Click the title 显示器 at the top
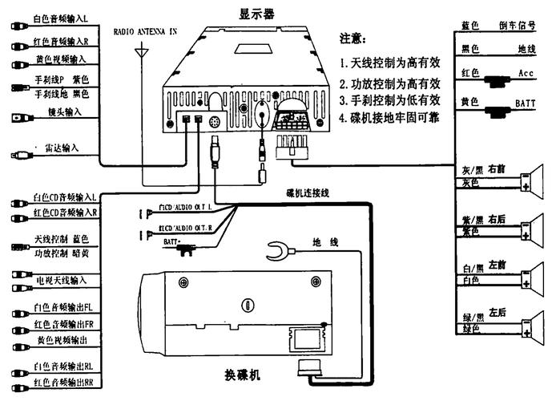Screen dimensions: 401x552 coord(257,13)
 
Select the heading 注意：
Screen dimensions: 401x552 coord(354,38)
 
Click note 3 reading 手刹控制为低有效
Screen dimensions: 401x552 coord(389,100)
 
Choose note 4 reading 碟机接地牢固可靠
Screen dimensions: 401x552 coord(389,118)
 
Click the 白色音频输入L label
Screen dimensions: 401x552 coord(61,18)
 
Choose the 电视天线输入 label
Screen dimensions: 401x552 coord(61,280)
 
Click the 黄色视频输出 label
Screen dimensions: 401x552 coord(62,341)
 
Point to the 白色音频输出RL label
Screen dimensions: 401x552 coord(64,367)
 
